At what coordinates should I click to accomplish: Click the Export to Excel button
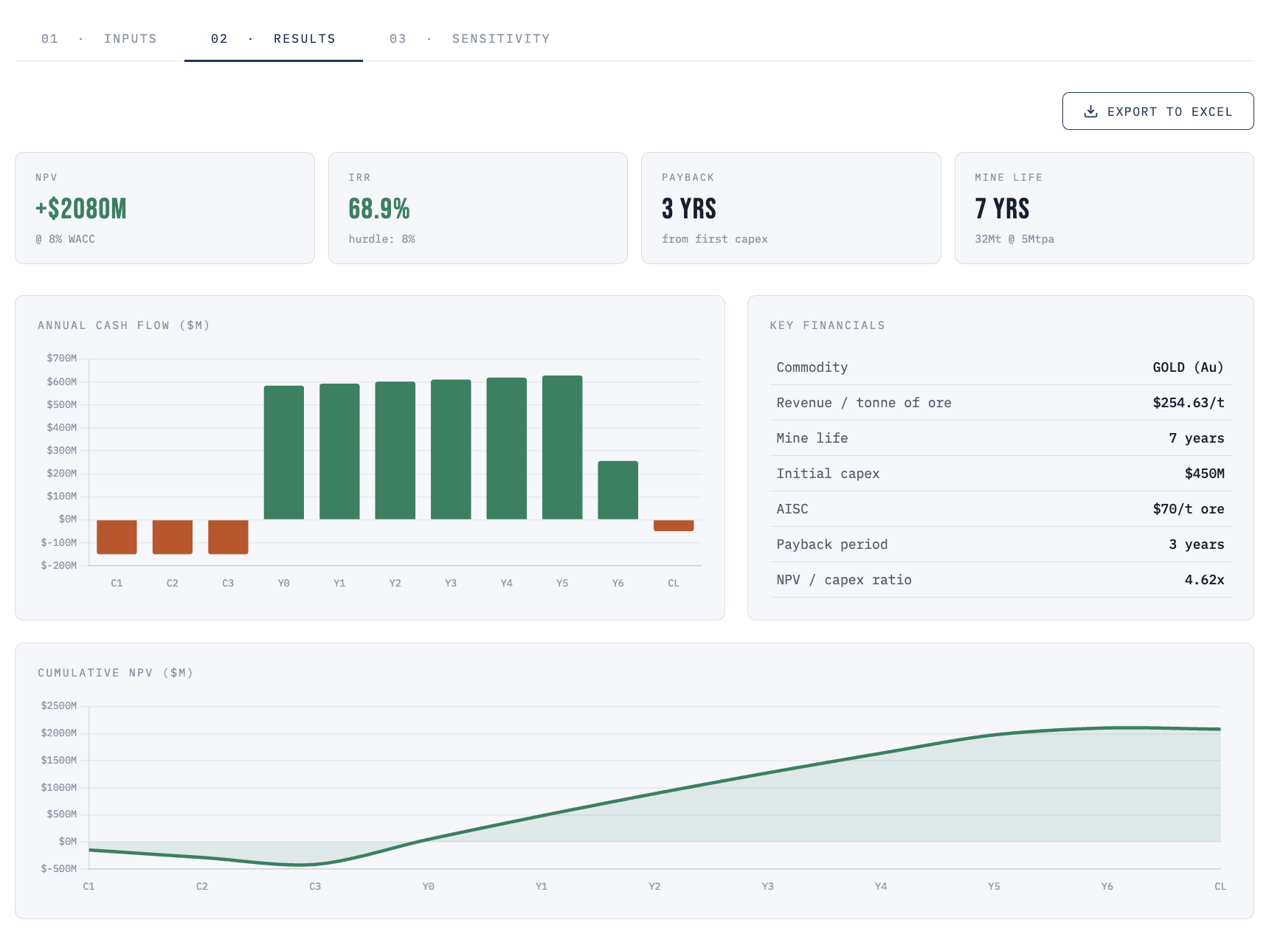coord(1158,111)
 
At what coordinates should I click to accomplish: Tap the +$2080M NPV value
coord(81,209)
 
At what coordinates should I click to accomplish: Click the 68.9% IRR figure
coord(379,209)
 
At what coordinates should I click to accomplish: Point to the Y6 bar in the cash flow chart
coord(618,490)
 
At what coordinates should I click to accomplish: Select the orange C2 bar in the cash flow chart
coord(173,536)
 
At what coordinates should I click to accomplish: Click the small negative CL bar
coord(674,525)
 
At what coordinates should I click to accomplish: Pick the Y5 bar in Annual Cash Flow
coord(562,448)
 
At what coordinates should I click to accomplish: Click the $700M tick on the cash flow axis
coord(62,359)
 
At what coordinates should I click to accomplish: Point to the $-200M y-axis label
coord(59,566)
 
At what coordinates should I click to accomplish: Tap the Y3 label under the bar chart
coord(451,583)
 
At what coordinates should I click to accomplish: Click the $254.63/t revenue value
coord(1189,403)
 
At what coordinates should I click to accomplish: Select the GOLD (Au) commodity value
coord(1189,367)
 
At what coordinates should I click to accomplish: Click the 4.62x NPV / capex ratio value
coord(1204,580)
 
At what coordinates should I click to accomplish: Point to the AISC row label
coord(792,509)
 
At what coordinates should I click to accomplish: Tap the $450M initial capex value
coord(1204,474)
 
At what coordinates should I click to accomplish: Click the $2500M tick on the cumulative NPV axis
coord(59,706)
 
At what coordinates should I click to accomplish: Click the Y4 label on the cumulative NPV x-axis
coord(881,886)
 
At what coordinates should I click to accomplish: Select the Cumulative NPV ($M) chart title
coord(116,673)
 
